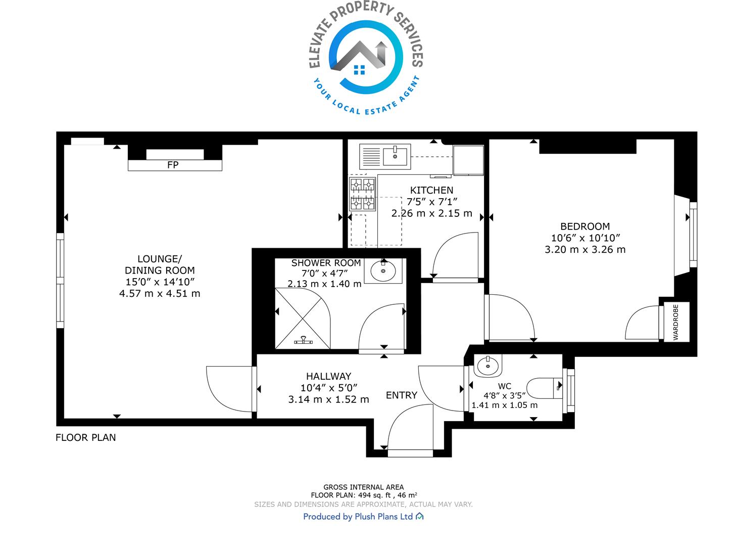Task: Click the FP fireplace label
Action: pyautogui.click(x=173, y=165)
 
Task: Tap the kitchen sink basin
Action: pyautogui.click(x=395, y=157)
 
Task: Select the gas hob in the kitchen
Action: pyautogui.click(x=362, y=194)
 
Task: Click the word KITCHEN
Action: pyautogui.click(x=431, y=190)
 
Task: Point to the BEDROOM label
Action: pyautogui.click(x=585, y=226)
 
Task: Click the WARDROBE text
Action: pyautogui.click(x=676, y=323)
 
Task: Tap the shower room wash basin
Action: pyautogui.click(x=383, y=271)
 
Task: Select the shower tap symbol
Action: pyautogui.click(x=303, y=340)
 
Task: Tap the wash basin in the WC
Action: pyautogui.click(x=488, y=366)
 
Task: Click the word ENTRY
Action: pyautogui.click(x=402, y=395)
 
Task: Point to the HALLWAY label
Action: pyautogui.click(x=329, y=376)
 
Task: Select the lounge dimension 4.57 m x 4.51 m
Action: pyautogui.click(x=160, y=294)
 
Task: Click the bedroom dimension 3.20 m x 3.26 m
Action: pyautogui.click(x=585, y=249)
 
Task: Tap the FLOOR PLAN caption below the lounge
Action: pyautogui.click(x=86, y=438)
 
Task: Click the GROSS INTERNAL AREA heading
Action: pyautogui.click(x=363, y=487)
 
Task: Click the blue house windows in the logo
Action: pyautogui.click(x=359, y=70)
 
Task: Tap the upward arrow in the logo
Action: pyautogui.click(x=381, y=53)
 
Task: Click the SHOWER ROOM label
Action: pyautogui.click(x=326, y=263)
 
